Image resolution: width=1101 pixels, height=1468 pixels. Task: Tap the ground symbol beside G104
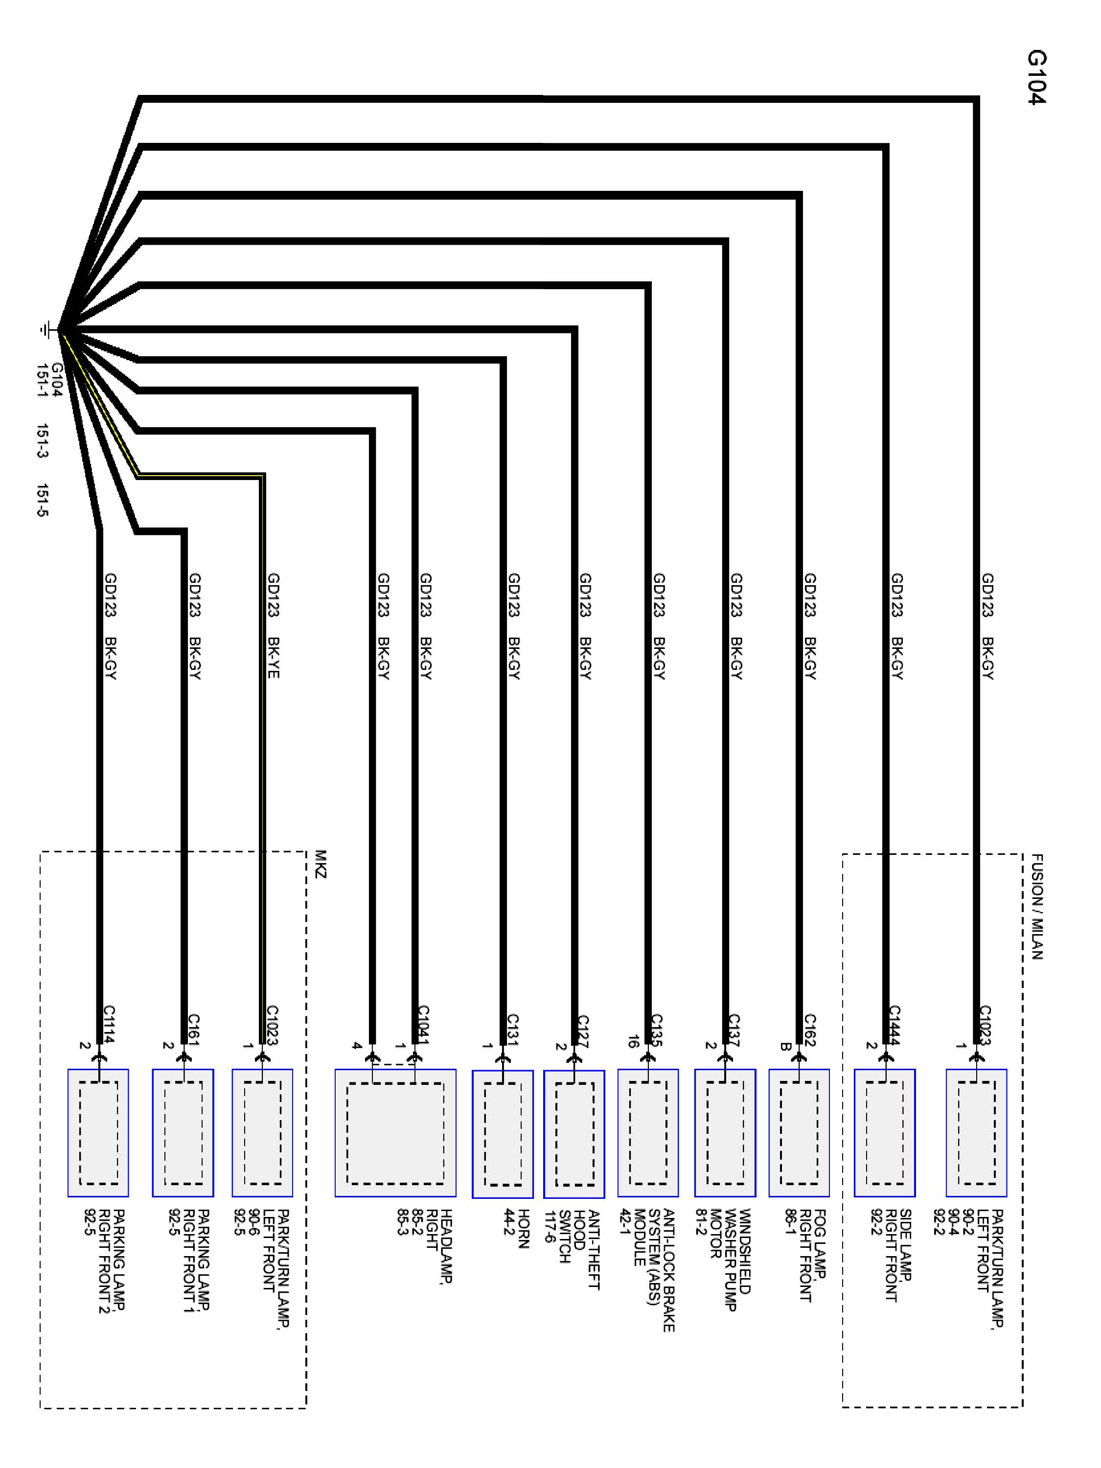point(46,328)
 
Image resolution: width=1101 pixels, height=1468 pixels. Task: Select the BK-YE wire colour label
point(273,658)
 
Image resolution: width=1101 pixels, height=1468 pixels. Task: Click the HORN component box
point(503,1134)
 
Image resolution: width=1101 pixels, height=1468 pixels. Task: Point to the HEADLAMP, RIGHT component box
point(395,1133)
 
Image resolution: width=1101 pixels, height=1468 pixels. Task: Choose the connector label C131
point(512,1030)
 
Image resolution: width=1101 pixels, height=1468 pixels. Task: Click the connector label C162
point(810,1030)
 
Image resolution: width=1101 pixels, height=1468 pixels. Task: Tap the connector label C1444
point(895,1025)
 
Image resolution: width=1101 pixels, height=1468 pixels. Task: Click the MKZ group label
point(321,864)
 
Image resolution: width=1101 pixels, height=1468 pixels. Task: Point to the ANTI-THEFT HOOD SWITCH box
point(574,1134)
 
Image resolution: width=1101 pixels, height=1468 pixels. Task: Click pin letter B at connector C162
point(784,1047)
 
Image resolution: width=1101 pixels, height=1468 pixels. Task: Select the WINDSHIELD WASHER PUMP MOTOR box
point(725,1133)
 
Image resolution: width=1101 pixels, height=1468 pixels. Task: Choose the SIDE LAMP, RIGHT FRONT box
point(884,1133)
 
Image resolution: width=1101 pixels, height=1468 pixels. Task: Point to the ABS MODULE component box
point(648,1133)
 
